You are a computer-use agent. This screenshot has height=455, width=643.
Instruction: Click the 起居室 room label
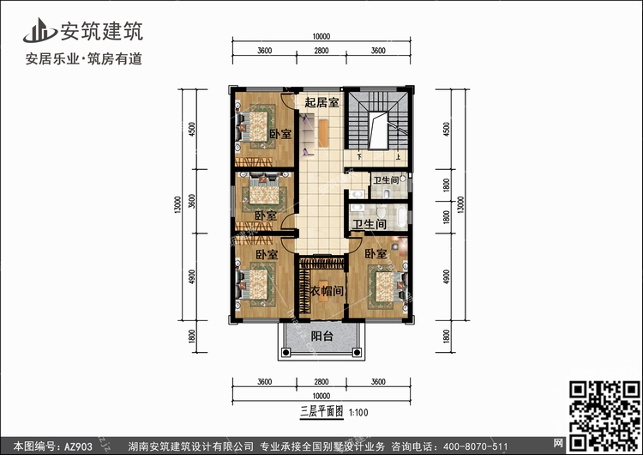tap(321, 102)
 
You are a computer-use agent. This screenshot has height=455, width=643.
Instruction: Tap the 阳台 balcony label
tap(321, 336)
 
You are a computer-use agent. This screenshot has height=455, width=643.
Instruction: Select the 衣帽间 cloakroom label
tap(327, 291)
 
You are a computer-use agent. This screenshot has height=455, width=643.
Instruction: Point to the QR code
tap(604, 416)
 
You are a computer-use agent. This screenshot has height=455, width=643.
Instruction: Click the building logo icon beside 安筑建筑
tap(39, 30)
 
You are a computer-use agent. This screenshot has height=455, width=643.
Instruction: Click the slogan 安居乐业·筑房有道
tap(84, 59)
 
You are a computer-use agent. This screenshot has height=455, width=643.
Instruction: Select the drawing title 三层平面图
tap(321, 411)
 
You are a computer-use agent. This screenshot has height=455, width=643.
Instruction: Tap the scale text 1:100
tap(358, 413)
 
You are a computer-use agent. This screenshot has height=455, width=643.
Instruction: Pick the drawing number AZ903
tap(78, 446)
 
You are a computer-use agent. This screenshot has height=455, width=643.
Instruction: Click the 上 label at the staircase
tap(398, 156)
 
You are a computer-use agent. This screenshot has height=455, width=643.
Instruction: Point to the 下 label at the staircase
tap(359, 156)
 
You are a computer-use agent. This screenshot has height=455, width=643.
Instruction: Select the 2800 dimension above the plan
tap(321, 51)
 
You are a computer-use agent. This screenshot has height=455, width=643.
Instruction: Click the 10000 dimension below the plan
tap(321, 396)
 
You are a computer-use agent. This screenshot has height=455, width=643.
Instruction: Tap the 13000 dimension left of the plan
tap(177, 204)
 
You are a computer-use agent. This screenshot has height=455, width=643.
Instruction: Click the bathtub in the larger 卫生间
tap(402, 216)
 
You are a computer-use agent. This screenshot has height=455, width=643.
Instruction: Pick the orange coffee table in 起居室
tap(323, 133)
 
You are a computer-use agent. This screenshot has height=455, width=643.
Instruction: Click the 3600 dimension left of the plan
tap(191, 201)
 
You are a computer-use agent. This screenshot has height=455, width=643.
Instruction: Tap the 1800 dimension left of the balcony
tap(191, 337)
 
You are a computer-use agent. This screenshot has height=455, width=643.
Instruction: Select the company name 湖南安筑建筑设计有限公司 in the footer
tap(190, 446)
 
